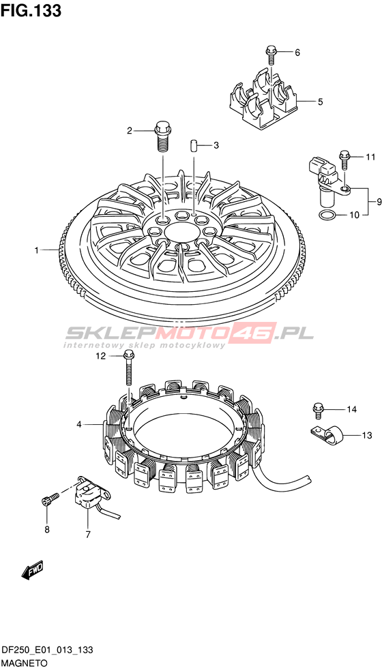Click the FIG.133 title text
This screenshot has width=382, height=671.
point(31,10)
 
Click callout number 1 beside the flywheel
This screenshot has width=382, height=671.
point(38,250)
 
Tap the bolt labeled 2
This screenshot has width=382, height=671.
point(162,136)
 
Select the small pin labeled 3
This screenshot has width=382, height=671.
point(194,145)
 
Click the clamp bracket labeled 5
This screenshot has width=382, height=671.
point(263,100)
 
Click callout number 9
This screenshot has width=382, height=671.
point(379,201)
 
